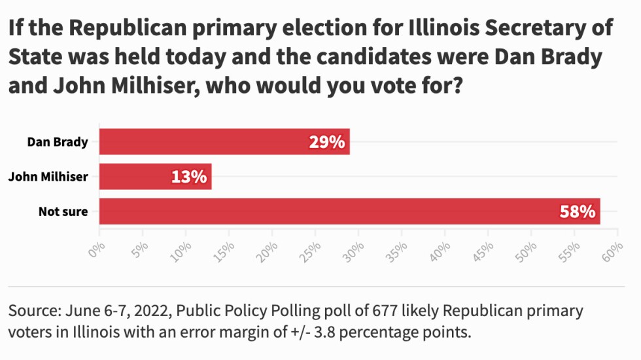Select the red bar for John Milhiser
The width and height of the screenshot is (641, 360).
[156, 176]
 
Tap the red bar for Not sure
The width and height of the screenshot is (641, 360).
[349, 211]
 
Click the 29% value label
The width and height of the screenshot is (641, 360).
[327, 142]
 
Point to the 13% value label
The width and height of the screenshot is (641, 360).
[190, 177]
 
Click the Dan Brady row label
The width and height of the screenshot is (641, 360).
[58, 141]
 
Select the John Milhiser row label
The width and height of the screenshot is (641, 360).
[48, 176]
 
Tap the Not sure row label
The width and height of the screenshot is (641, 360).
[63, 211]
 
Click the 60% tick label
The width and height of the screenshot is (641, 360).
[612, 249]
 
